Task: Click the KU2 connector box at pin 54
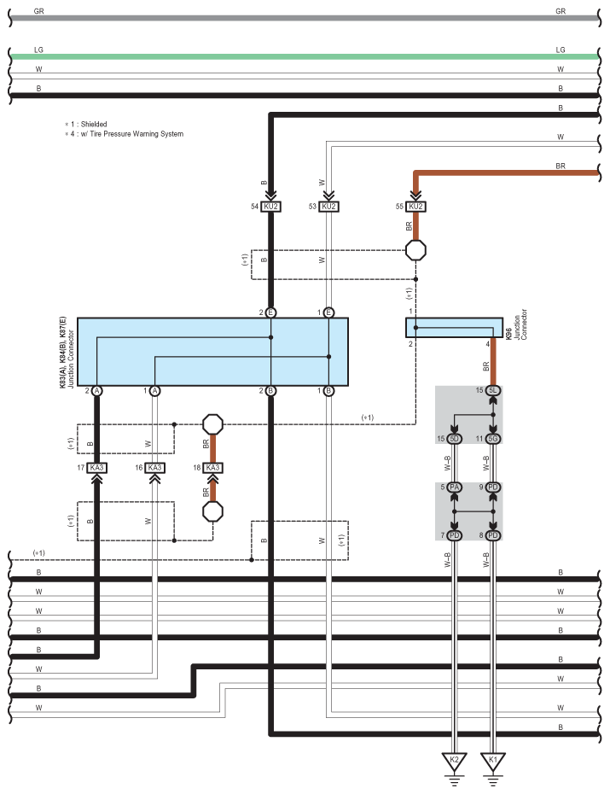point(270,207)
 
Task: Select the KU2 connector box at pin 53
point(328,207)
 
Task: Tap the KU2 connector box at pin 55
point(415,207)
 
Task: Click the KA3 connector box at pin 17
point(96,467)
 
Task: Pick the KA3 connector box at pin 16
point(154,467)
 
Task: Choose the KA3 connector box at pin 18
point(213,467)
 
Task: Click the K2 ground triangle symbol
point(454,761)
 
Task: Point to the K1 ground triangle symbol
point(493,761)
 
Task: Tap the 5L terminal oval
point(493,390)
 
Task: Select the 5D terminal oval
point(454,439)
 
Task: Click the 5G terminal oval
point(493,439)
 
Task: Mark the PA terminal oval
point(454,487)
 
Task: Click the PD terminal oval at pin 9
point(493,487)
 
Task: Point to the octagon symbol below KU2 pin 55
point(415,250)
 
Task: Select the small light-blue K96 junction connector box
point(454,328)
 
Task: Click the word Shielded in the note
point(94,124)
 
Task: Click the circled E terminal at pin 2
point(270,312)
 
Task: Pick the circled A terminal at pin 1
point(154,391)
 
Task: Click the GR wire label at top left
point(39,11)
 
